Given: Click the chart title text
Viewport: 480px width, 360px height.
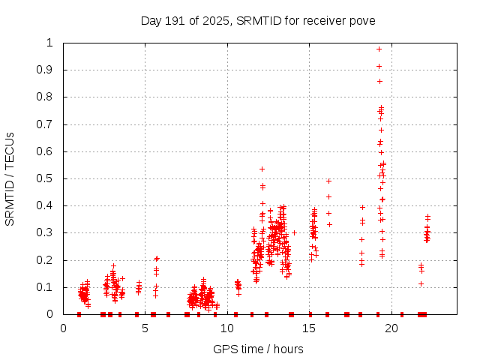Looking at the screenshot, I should (258, 20).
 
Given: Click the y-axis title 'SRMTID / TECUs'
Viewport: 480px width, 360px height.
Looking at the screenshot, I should (10, 178).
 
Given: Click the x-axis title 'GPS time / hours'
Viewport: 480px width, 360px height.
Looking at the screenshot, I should (258, 349).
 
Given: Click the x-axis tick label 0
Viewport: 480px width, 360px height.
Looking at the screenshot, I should (63, 328).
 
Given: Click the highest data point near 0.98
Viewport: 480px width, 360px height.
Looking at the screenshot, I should (379, 49).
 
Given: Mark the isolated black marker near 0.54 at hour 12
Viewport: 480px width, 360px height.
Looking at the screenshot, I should (262, 169).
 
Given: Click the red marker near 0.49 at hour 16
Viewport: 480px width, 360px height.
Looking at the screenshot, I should (328, 181).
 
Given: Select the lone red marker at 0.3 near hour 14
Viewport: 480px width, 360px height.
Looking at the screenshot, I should (294, 232).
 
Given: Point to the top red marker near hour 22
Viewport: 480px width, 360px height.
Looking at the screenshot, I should (428, 217).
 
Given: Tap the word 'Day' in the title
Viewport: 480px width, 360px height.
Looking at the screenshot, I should (151, 20).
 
